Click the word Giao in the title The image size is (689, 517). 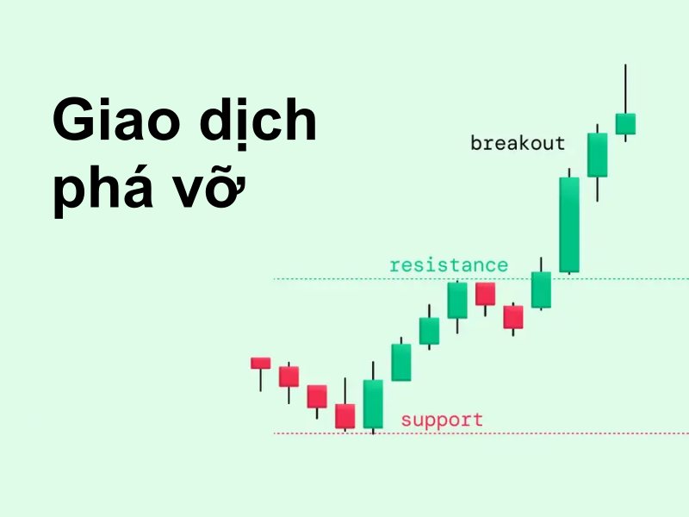(x=116, y=119)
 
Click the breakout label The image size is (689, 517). (x=518, y=143)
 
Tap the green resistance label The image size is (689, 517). (x=449, y=265)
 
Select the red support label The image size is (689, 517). (x=442, y=420)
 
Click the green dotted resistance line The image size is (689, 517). (x=481, y=278)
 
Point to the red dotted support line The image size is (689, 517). (x=481, y=433)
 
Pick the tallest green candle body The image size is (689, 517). (x=569, y=225)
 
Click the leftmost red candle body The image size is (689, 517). (x=261, y=363)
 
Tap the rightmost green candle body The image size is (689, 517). (x=625, y=124)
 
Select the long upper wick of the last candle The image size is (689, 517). (x=625, y=89)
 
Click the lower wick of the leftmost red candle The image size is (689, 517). (x=261, y=380)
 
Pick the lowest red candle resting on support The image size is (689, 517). (x=345, y=416)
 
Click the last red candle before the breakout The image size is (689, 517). (x=513, y=317)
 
